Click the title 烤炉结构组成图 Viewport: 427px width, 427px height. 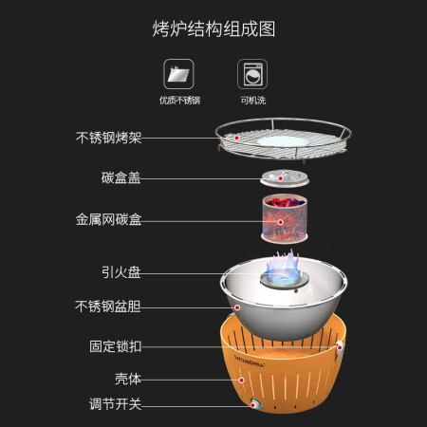pyautogui.click(x=213, y=29)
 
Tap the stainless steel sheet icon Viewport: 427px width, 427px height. pyautogui.click(x=178, y=74)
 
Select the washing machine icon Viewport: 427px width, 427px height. pyautogui.click(x=252, y=74)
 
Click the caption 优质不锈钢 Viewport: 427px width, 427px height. pyautogui.click(x=179, y=101)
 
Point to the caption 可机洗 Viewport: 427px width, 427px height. pyautogui.click(x=253, y=101)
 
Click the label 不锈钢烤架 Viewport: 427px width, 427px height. pyautogui.click(x=108, y=138)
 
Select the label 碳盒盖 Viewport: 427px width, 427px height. pyautogui.click(x=121, y=177)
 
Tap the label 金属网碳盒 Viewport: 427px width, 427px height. pyautogui.click(x=108, y=219)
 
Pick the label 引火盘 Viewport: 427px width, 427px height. pyautogui.click(x=121, y=272)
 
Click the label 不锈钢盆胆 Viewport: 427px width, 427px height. pyautogui.click(x=108, y=306)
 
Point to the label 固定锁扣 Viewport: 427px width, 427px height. pyautogui.click(x=115, y=346)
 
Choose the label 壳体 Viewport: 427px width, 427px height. pyautogui.click(x=128, y=379)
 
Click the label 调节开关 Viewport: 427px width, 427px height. pyautogui.click(x=115, y=404)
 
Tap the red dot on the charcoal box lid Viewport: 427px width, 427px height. pyautogui.click(x=280, y=178)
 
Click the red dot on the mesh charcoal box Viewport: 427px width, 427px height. pyautogui.click(x=280, y=222)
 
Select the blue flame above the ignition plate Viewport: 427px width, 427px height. pyautogui.click(x=283, y=269)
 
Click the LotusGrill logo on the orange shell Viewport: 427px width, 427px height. pyautogui.click(x=250, y=362)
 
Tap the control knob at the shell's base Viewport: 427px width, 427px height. pyautogui.click(x=254, y=404)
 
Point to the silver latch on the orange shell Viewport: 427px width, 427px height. pyautogui.click(x=339, y=349)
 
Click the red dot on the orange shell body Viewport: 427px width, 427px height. pyautogui.click(x=242, y=381)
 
